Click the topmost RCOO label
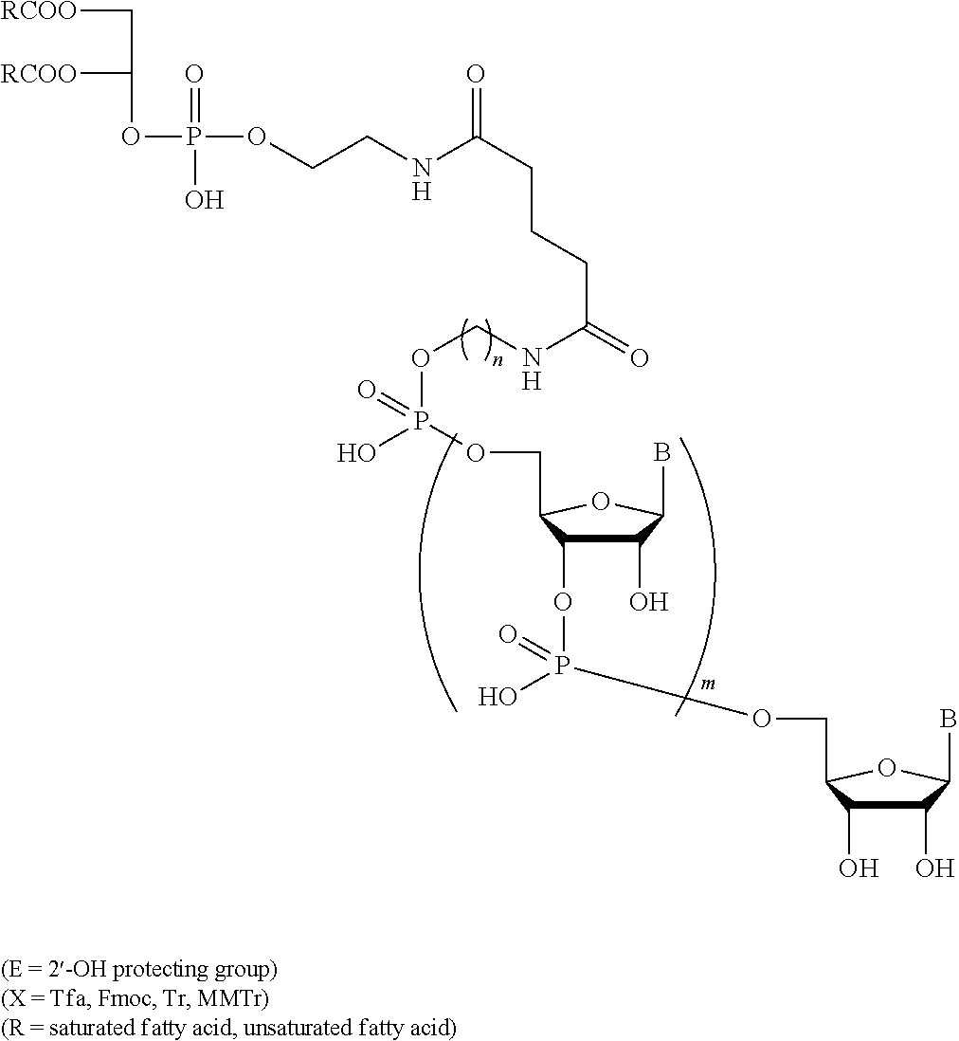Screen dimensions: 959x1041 pyautogui.click(x=39, y=11)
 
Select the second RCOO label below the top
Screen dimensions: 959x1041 pyautogui.click(x=39, y=74)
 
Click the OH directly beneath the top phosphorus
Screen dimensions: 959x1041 pyautogui.click(x=204, y=199)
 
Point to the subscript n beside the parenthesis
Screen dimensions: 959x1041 pyautogui.click(x=501, y=362)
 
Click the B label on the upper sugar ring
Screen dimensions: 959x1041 pyautogui.click(x=661, y=453)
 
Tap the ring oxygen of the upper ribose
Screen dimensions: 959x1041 pyautogui.click(x=601, y=502)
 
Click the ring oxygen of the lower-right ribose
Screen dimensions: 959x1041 pyautogui.click(x=886, y=768)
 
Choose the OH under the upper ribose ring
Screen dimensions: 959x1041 pyautogui.click(x=648, y=601)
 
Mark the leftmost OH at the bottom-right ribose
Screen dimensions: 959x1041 pyautogui.click(x=859, y=867)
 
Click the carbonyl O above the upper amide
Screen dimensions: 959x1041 pyautogui.click(x=475, y=74)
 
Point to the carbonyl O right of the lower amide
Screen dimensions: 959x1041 pyautogui.click(x=639, y=359)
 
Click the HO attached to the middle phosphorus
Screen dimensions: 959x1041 pyautogui.click(x=356, y=453)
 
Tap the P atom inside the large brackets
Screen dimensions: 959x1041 pyautogui.click(x=561, y=665)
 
